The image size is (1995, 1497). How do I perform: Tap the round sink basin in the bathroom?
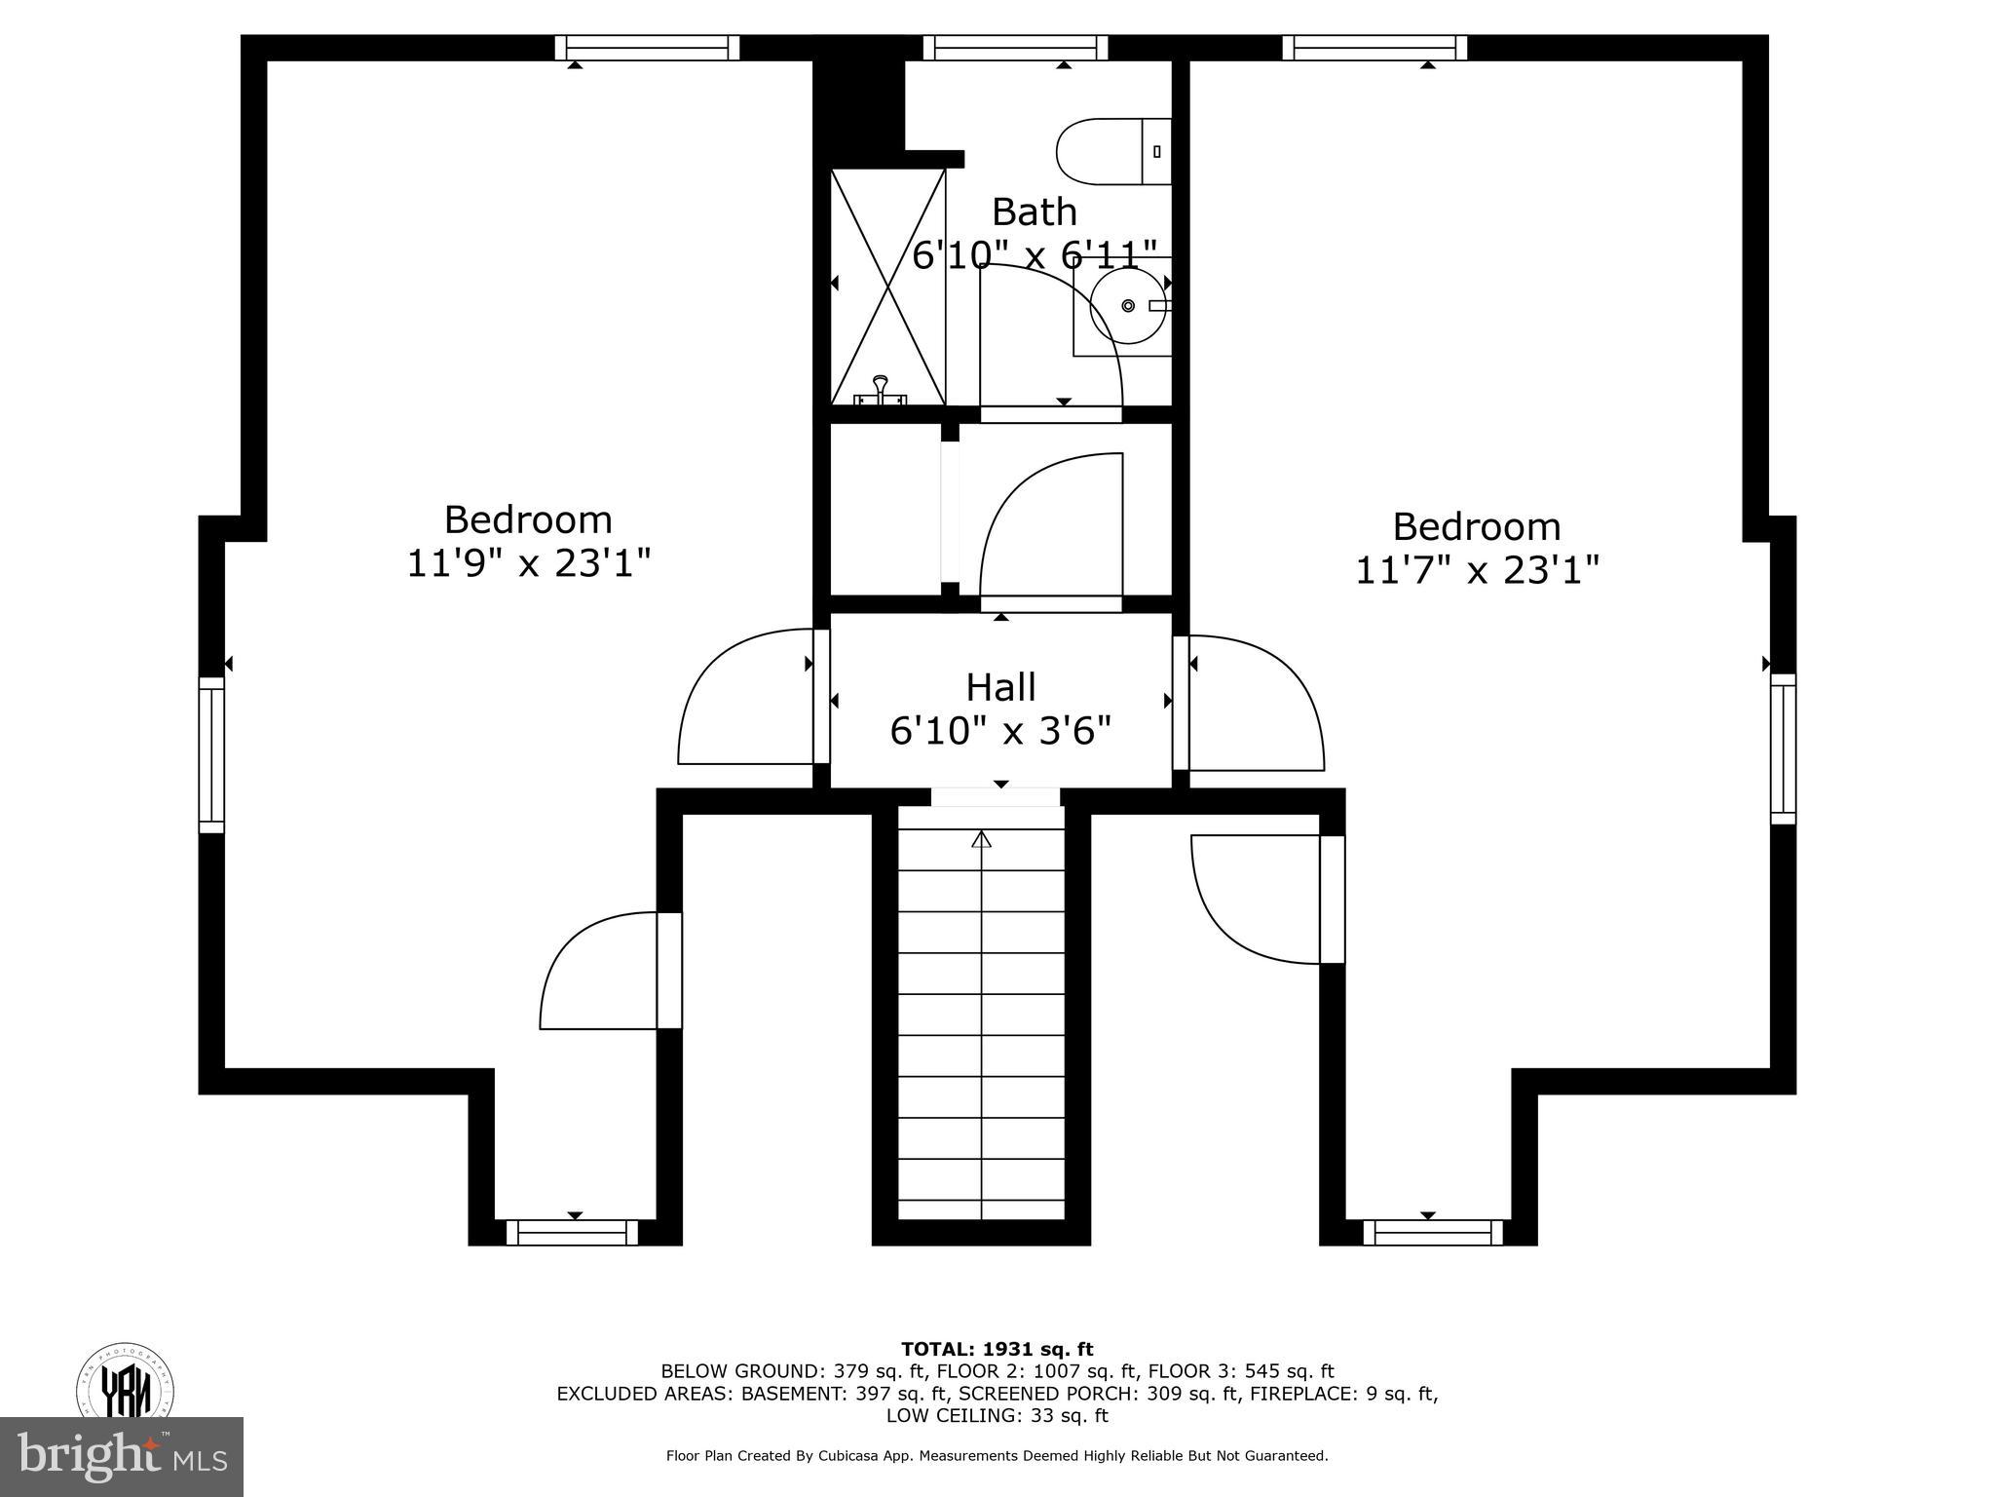pos(1128,306)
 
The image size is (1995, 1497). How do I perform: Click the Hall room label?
pos(1000,687)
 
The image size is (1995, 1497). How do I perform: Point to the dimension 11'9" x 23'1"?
pos(528,563)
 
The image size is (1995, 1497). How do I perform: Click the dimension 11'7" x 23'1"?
pos(1477,570)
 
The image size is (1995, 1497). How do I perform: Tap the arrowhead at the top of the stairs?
pos(981,839)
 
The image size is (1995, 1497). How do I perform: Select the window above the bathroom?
pos(1015,48)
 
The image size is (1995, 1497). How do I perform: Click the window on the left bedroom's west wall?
pos(211,755)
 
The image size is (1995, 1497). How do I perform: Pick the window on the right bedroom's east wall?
pos(1783,748)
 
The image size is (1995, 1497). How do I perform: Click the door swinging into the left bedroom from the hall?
pos(745,698)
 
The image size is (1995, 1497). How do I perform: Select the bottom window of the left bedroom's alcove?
pos(572,1233)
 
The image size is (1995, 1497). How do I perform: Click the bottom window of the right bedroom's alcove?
pos(1432,1233)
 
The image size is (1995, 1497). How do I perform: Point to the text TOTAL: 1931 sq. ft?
pos(997,1349)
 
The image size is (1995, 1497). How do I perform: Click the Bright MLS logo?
pos(122,1456)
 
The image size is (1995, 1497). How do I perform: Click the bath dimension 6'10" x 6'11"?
pos(1035,255)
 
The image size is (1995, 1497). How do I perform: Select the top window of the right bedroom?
pos(1374,48)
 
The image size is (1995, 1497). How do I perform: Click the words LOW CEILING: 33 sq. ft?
pos(997,1415)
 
